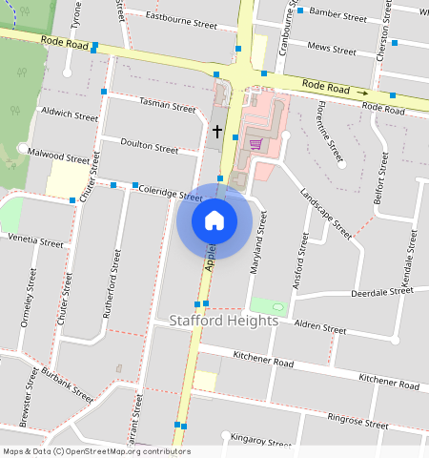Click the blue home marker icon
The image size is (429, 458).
(214, 221)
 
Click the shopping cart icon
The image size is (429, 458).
(255, 144)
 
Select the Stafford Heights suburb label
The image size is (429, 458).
(224, 321)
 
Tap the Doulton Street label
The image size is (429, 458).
(150, 146)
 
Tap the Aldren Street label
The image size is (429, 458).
(319, 327)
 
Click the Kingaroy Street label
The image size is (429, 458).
(260, 441)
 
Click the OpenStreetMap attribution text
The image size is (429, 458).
(96, 450)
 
